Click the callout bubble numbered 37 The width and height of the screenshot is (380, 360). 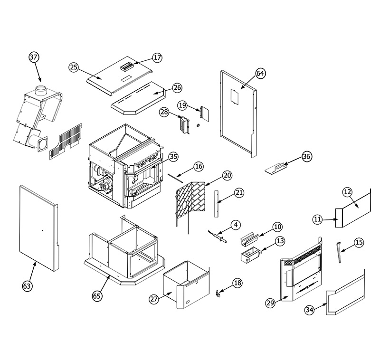point(33,57)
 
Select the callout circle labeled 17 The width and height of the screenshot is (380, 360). point(157,57)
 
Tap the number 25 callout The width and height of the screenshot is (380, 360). point(73,67)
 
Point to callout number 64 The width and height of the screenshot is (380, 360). point(260,73)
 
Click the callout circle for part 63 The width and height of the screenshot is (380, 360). point(28,285)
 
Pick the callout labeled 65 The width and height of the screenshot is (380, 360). point(97,295)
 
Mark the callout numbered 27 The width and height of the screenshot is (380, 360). point(153,299)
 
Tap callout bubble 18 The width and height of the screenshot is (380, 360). point(237,283)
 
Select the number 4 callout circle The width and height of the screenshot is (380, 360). point(236,224)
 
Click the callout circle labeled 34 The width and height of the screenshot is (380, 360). point(310,310)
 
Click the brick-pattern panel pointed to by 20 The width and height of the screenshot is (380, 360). point(191,200)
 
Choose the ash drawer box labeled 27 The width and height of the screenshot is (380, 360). point(185,285)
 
